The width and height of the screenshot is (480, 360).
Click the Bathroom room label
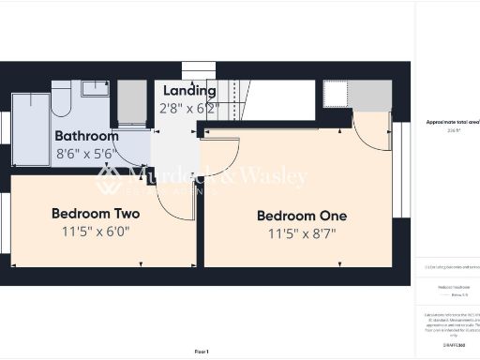tap(86, 136)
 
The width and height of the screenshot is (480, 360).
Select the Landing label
tap(190, 91)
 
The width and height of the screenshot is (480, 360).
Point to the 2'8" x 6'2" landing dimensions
tap(187, 109)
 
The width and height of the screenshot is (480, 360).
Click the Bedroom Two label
tap(96, 213)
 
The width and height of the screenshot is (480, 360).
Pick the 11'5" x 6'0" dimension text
tap(96, 231)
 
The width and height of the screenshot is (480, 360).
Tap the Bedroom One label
tap(302, 216)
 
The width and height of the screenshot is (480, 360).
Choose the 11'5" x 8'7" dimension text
tap(302, 233)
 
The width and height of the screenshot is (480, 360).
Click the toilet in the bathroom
tap(61, 97)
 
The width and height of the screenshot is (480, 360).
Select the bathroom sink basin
tap(95, 89)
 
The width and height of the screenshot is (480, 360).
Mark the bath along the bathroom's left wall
tap(29, 129)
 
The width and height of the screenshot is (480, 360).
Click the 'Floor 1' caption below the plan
tap(201, 351)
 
